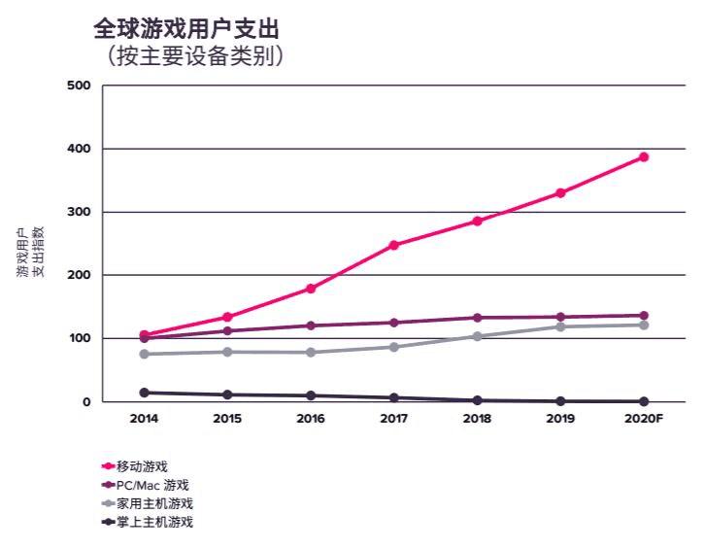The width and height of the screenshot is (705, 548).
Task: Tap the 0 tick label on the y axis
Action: point(86,402)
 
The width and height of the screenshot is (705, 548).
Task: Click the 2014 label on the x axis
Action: point(144,420)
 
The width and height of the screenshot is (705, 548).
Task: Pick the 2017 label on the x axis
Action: point(393,420)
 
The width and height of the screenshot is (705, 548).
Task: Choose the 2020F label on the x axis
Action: point(643,420)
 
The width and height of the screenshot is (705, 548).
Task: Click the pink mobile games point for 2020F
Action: point(643,156)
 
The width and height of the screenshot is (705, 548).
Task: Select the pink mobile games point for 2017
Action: point(393,245)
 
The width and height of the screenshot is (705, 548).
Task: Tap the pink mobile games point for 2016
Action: point(311,289)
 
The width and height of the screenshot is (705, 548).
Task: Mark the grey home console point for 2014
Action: point(144,354)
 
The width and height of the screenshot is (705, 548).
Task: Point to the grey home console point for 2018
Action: point(477,336)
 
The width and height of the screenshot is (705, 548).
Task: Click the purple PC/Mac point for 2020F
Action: point(643,316)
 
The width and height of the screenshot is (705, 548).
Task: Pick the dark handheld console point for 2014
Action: point(144,393)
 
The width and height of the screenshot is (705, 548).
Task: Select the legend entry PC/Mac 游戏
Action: point(151,485)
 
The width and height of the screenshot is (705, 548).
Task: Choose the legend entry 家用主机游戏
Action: point(153,503)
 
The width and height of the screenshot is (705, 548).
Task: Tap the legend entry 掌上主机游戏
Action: point(153,522)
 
